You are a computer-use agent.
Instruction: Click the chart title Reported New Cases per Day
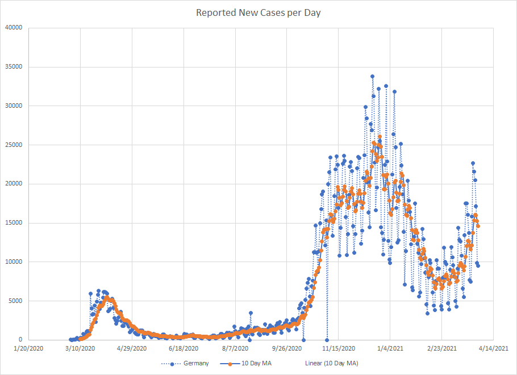(x=258, y=12)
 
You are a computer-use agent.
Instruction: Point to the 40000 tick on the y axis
(x=12, y=28)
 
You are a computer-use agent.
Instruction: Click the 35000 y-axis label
(x=12, y=67)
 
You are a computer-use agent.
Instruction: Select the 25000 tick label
(x=12, y=145)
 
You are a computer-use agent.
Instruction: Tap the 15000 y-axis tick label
(x=12, y=223)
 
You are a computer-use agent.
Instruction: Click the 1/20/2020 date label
(x=29, y=348)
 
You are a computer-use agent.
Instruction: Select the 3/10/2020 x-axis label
(x=80, y=348)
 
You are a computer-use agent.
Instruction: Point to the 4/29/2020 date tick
(x=132, y=348)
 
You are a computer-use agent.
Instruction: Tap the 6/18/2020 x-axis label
(x=184, y=348)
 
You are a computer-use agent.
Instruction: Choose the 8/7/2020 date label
(x=235, y=348)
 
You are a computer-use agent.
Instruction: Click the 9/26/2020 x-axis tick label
(x=287, y=348)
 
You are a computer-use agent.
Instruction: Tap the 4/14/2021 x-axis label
(x=493, y=348)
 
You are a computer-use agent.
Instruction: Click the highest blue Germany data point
(x=372, y=76)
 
